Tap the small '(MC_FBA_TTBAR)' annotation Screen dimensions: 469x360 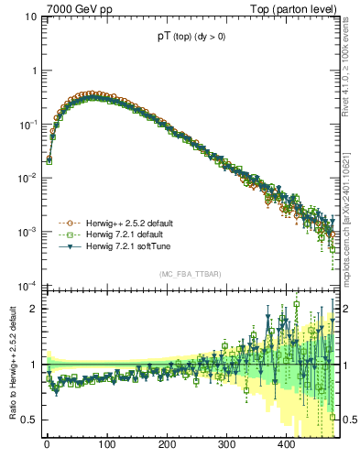[x=191, y=274]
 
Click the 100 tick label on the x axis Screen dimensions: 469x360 [x=106, y=444]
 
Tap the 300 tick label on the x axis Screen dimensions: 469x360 [x=226, y=444]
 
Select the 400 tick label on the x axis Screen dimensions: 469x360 [x=286, y=444]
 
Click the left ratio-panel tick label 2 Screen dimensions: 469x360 [x=34, y=309]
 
